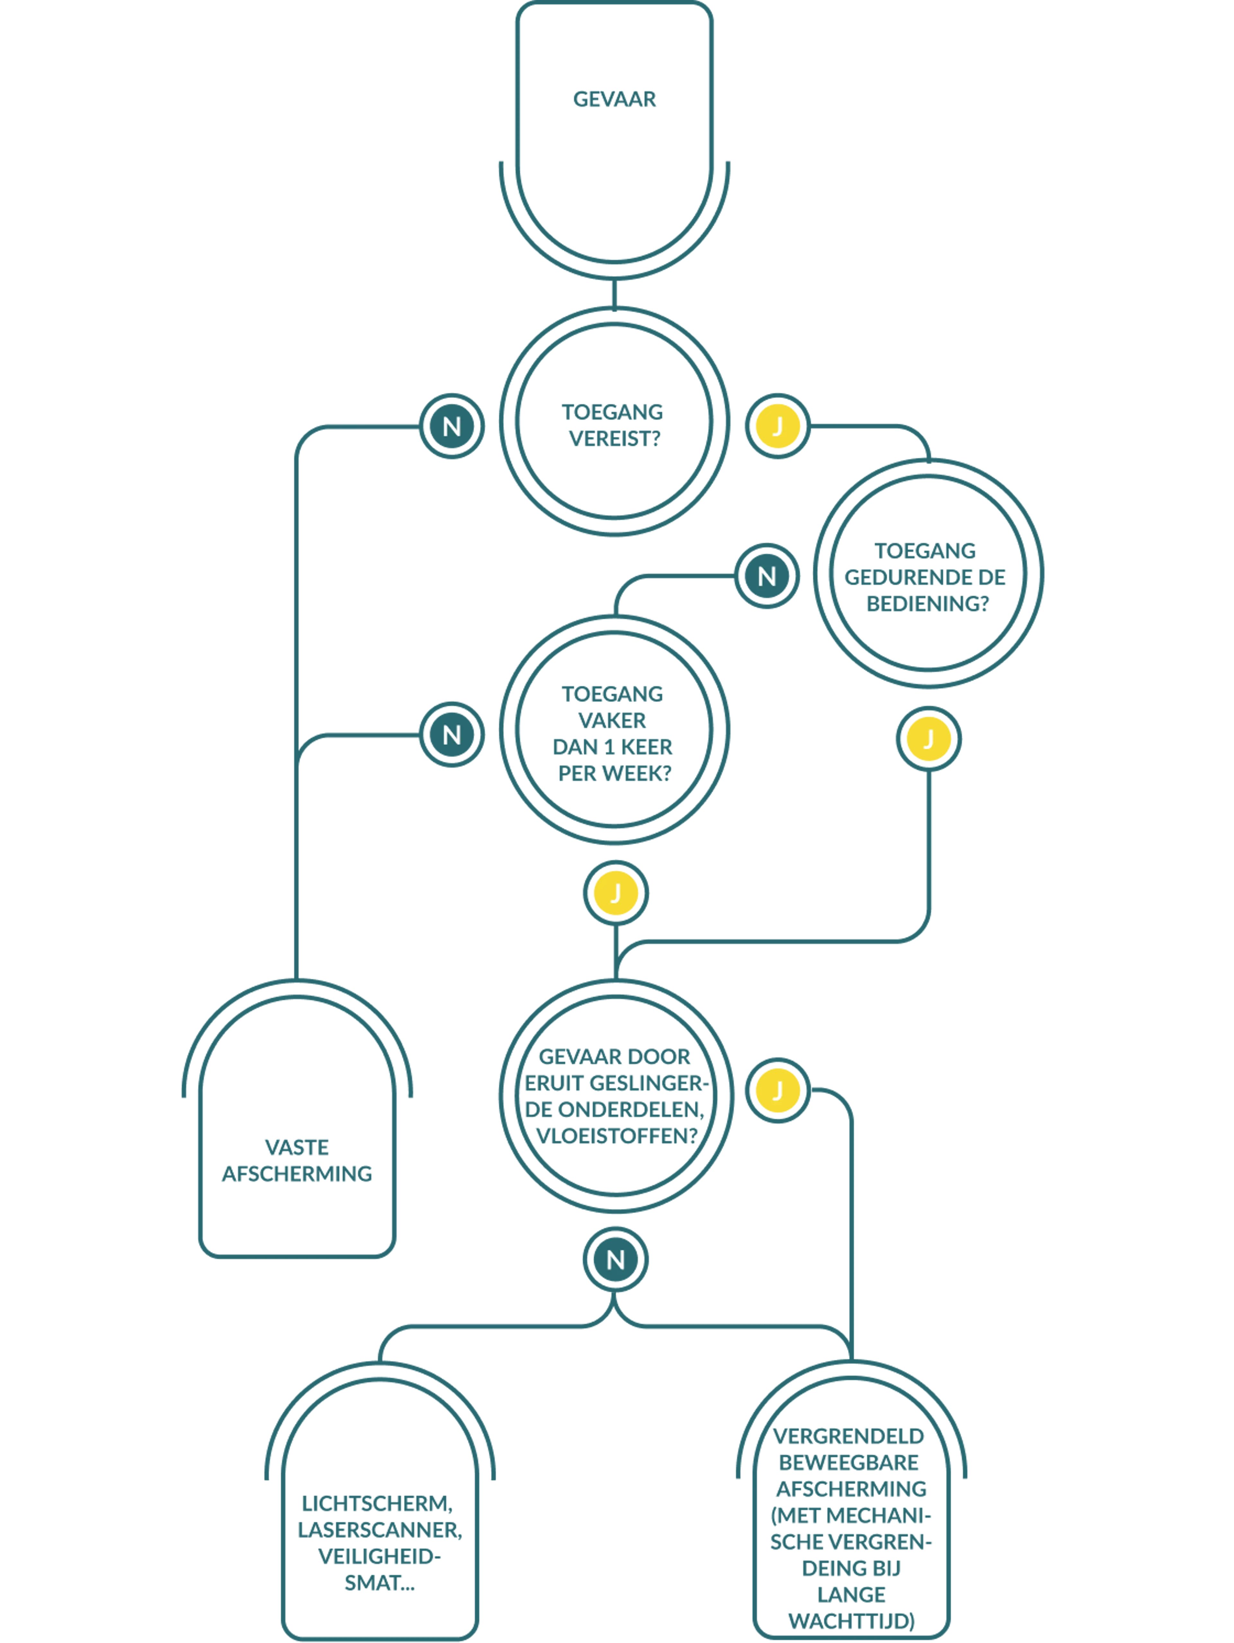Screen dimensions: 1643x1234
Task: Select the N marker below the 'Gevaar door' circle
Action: (615, 1260)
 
